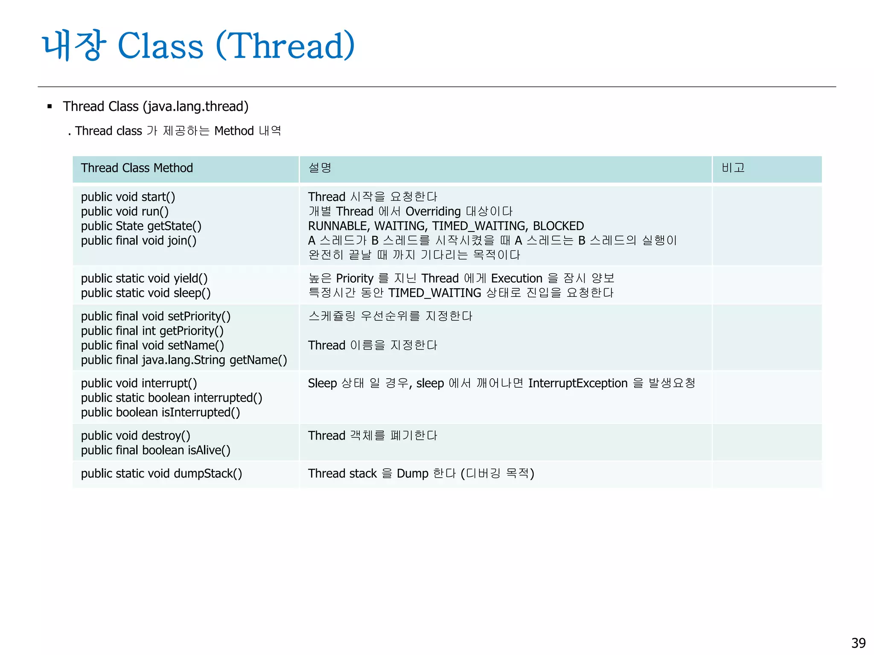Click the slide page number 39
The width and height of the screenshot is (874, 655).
pyautogui.click(x=858, y=643)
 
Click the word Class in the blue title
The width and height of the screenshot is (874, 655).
pyautogui.click(x=160, y=46)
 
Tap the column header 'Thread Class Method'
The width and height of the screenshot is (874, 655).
pyautogui.click(x=137, y=168)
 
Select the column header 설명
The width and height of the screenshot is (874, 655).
pyautogui.click(x=320, y=168)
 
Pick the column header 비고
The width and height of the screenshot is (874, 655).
pyautogui.click(x=733, y=168)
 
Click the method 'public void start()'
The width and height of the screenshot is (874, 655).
pyautogui.click(x=128, y=197)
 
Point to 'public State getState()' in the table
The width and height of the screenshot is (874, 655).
pyautogui.click(x=141, y=226)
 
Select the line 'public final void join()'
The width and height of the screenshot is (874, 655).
pyautogui.click(x=139, y=241)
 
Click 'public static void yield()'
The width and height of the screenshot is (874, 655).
pyautogui.click(x=144, y=278)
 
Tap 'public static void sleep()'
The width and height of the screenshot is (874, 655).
pyautogui.click(x=146, y=293)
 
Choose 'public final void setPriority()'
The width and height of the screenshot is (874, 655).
pyautogui.click(x=156, y=316)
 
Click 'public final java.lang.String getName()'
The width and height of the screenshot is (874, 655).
pyautogui.click(x=184, y=360)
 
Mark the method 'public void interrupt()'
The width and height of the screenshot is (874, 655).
pyautogui.click(x=139, y=383)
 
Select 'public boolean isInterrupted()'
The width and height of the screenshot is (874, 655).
pyautogui.click(x=160, y=412)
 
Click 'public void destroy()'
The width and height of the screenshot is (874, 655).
pyautogui.click(x=136, y=436)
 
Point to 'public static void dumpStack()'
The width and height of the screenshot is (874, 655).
pyautogui.click(x=161, y=474)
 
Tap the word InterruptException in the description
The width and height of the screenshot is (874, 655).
pyautogui.click(x=578, y=383)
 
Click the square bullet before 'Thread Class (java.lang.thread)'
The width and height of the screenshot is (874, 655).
pyautogui.click(x=50, y=107)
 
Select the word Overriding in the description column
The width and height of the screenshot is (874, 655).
pyautogui.click(x=433, y=212)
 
